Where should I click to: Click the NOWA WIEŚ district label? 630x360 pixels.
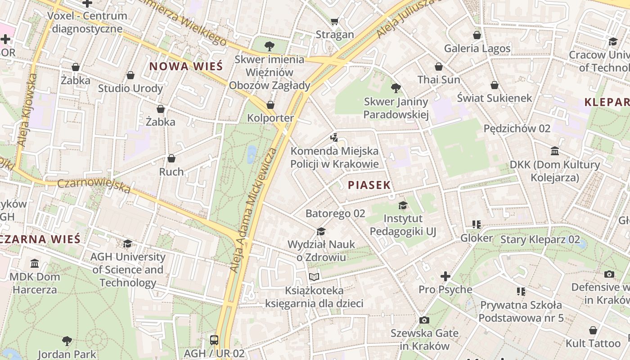186,67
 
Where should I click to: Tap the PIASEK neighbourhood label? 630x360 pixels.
369,185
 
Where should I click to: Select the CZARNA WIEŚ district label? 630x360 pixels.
40,238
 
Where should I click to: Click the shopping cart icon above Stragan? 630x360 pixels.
334,21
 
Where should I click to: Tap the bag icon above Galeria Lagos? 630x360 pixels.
477,35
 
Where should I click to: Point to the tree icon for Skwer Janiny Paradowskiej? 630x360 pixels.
396,88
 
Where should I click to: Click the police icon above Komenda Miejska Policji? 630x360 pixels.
334,138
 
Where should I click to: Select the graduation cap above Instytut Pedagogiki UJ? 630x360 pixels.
403,206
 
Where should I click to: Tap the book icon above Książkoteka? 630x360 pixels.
314,277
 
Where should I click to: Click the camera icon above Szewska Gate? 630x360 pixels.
424,320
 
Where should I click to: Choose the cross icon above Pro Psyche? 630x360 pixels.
445,276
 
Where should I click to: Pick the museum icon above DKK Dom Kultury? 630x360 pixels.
555,151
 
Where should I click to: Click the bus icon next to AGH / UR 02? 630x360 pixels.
214,340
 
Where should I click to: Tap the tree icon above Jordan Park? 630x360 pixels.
67,341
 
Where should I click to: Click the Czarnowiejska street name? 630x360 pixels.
94,185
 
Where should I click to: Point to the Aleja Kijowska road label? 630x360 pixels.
27,109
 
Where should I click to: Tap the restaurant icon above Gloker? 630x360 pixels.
477,225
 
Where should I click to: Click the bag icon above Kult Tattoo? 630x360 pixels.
593,330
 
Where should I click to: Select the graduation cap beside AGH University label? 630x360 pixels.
127,243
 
